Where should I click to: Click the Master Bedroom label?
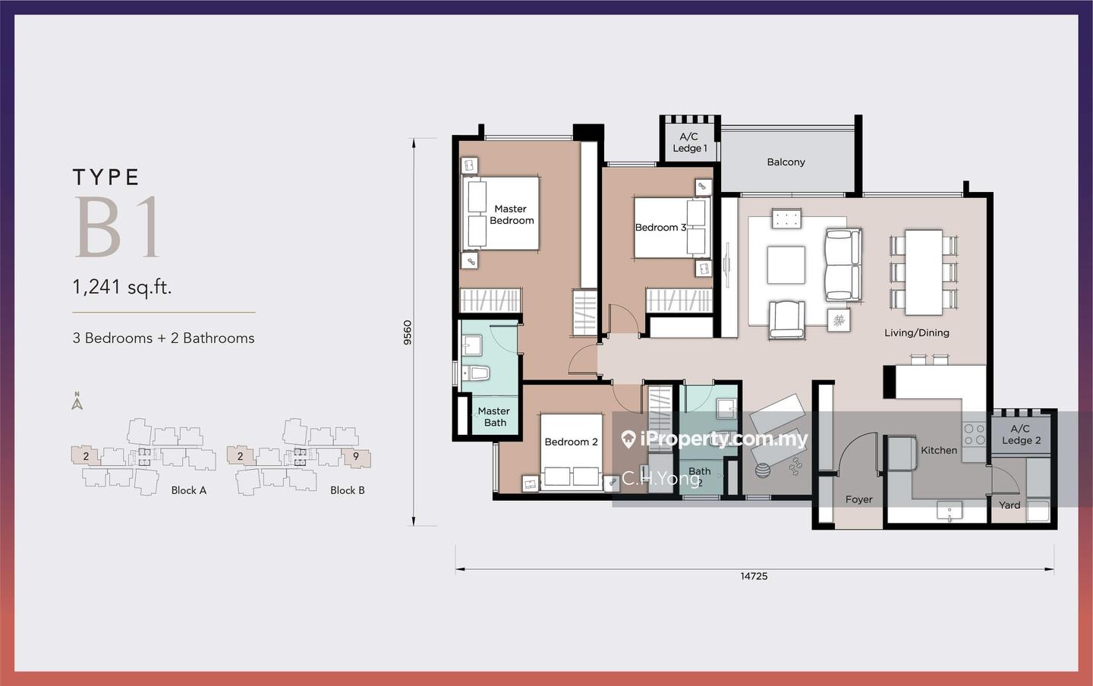click(512, 215)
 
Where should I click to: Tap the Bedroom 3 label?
click(660, 228)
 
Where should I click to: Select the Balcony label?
click(786, 162)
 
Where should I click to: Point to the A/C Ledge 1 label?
click(689, 143)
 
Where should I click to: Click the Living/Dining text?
click(917, 332)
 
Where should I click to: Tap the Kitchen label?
click(939, 450)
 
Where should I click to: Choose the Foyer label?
click(858, 499)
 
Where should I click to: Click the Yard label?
click(1009, 505)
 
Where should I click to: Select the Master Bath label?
click(494, 417)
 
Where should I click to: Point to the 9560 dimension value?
click(408, 332)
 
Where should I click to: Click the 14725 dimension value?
click(754, 576)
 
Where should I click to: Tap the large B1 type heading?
click(117, 227)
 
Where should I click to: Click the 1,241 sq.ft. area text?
click(122, 287)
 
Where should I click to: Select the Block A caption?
click(189, 490)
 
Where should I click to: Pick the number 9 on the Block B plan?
click(356, 456)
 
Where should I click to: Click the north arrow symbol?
click(77, 401)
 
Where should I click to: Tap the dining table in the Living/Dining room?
click(924, 272)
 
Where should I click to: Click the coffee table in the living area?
click(786, 265)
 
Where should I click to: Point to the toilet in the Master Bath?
click(475, 374)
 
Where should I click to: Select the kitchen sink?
click(950, 511)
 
